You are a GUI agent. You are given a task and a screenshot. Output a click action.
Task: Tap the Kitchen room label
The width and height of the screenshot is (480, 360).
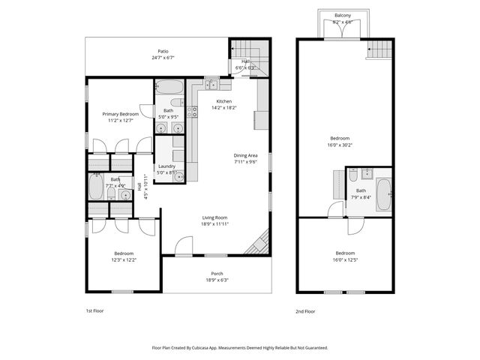[x=224, y=101]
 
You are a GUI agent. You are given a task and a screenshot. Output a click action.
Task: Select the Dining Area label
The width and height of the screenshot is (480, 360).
[x=245, y=155]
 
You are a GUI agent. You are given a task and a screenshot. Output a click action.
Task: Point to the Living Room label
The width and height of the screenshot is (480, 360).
[x=214, y=217]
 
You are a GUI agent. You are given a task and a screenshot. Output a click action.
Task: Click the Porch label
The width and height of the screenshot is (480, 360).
[x=217, y=274]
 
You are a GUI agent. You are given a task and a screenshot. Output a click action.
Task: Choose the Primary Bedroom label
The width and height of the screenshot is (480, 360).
[x=121, y=113]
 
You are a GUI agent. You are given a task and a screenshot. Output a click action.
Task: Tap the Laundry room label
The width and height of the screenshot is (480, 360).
[x=166, y=166]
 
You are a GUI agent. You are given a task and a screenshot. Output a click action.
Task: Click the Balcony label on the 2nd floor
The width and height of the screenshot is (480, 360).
[x=343, y=15]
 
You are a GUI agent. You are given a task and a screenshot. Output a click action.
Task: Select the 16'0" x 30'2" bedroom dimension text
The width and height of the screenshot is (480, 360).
[x=340, y=144]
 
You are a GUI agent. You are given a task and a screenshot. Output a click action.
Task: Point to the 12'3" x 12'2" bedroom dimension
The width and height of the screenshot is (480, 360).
[x=124, y=259]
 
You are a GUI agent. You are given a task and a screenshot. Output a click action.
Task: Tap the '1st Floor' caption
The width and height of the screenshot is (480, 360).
[x=95, y=310]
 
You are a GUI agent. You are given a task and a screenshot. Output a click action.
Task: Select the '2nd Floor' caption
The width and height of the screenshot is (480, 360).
[x=305, y=310]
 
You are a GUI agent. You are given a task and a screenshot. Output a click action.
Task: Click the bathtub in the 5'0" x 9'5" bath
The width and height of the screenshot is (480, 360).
[x=172, y=86]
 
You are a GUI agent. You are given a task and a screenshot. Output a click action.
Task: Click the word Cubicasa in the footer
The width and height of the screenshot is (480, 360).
[x=198, y=348]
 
